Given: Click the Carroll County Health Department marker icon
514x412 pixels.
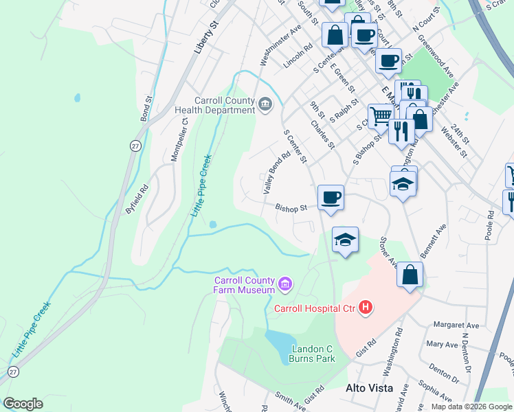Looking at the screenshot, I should click(265, 104).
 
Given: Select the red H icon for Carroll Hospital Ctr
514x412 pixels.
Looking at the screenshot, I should click(366, 308).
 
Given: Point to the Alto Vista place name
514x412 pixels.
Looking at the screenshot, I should click(369, 388).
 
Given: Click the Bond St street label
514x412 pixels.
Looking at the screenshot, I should click(146, 108).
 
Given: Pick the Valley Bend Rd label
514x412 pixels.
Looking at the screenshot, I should click(278, 173).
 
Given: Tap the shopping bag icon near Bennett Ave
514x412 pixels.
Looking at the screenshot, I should click(410, 274).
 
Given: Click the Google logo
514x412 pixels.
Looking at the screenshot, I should click(23, 404).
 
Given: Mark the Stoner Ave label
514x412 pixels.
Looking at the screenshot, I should click(390, 252).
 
